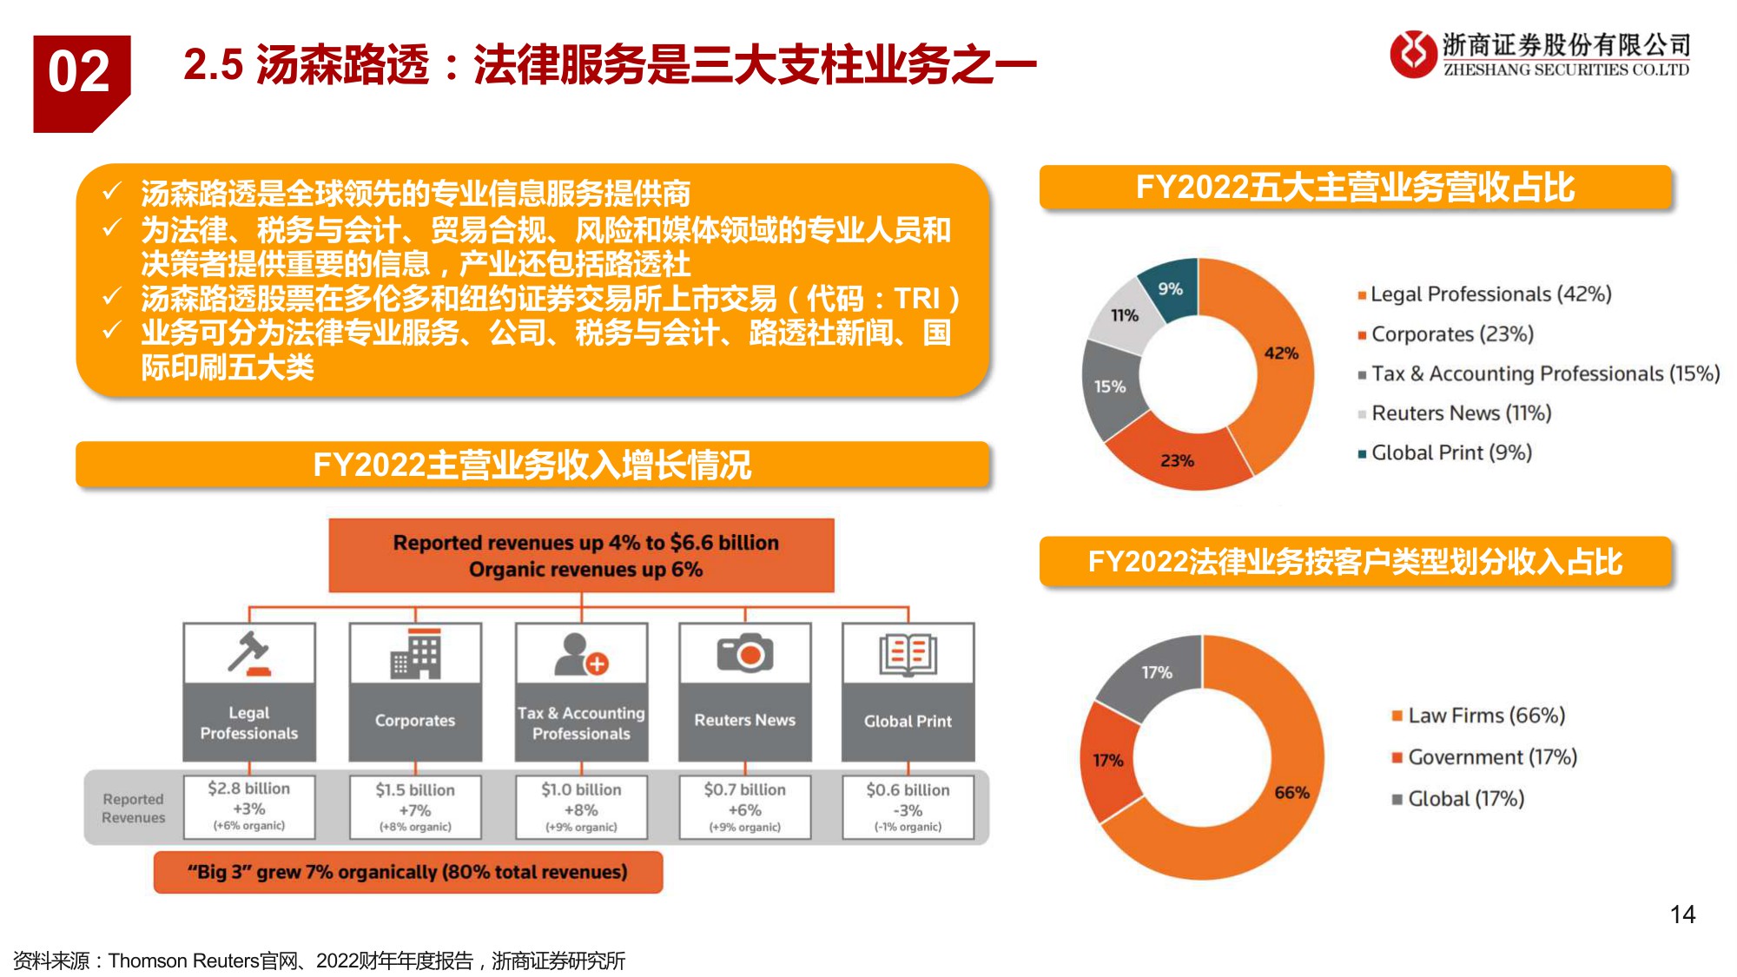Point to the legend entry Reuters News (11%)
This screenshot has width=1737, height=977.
tap(1461, 413)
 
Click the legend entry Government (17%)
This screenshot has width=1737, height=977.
tap(1491, 757)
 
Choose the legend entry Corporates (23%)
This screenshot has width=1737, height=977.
tap(1452, 334)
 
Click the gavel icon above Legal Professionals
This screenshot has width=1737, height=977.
tap(249, 653)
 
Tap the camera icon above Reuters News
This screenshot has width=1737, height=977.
tap(745, 653)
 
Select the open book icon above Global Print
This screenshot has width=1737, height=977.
tap(908, 654)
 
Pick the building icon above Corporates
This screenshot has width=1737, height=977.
tap(415, 654)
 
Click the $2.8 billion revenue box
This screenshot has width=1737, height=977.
tap(249, 808)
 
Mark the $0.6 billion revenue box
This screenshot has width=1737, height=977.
tap(908, 808)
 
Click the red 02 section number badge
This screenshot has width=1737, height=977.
tap(81, 80)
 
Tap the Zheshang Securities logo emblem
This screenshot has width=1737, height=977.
tap(1413, 54)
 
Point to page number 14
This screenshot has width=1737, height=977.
tap(1682, 914)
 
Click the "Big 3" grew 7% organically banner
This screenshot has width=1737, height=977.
tap(407, 872)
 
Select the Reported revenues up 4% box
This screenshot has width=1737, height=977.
tap(581, 556)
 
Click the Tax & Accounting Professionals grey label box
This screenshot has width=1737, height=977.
tap(581, 723)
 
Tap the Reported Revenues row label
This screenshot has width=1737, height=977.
tap(133, 808)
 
